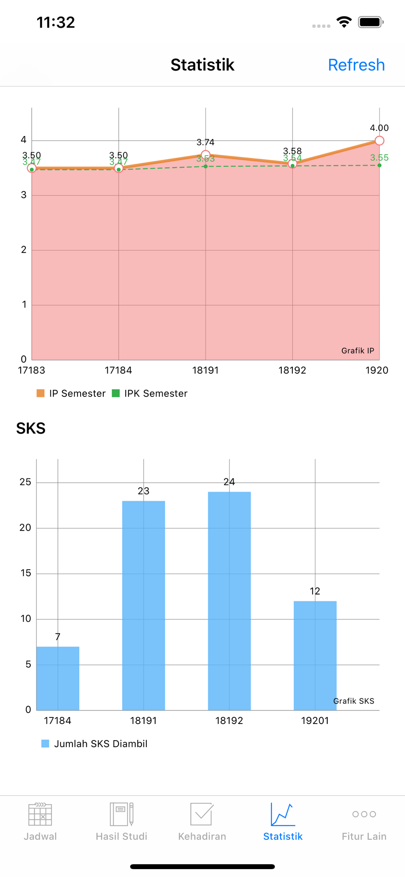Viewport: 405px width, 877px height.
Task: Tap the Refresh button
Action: pos(356,65)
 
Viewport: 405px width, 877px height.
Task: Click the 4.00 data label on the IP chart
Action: pos(379,128)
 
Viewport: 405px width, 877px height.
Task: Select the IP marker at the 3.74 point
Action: pos(206,154)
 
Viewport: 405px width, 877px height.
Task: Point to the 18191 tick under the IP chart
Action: pos(206,371)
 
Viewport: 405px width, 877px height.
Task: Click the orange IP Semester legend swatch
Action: pos(41,393)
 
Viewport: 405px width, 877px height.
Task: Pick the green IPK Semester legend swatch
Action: pos(116,393)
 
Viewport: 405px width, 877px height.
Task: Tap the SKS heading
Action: pos(31,428)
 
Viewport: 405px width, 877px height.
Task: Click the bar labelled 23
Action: pos(143,605)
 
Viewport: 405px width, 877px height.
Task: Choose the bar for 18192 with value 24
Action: pos(229,601)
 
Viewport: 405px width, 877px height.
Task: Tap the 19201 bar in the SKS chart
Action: pos(315,655)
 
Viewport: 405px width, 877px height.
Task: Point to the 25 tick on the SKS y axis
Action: pos(25,482)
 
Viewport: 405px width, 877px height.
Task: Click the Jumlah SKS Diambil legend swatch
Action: pos(45,744)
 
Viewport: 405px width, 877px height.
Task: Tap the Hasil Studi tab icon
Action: pos(121,814)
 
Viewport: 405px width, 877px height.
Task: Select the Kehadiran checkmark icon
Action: pos(202,814)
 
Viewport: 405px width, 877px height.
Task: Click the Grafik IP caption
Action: pos(358,351)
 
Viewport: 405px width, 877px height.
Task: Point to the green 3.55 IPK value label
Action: pos(379,158)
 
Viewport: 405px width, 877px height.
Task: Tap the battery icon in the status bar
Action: pos(370,22)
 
